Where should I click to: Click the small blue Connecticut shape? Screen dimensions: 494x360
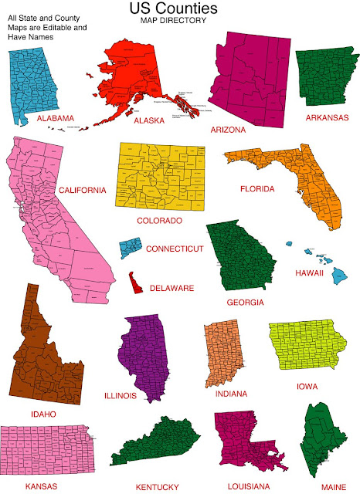(130, 249)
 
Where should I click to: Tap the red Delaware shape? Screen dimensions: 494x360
(136, 283)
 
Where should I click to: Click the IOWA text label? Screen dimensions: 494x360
(307, 385)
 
